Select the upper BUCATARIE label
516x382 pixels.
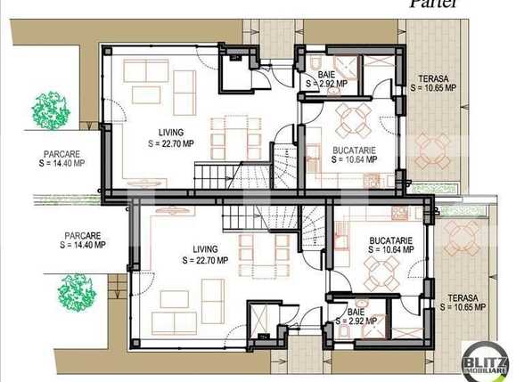[353, 150]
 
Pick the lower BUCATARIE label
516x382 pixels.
[390, 240]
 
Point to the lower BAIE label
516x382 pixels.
[356, 312]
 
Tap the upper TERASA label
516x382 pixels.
[433, 78]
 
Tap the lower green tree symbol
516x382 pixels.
[78, 290]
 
